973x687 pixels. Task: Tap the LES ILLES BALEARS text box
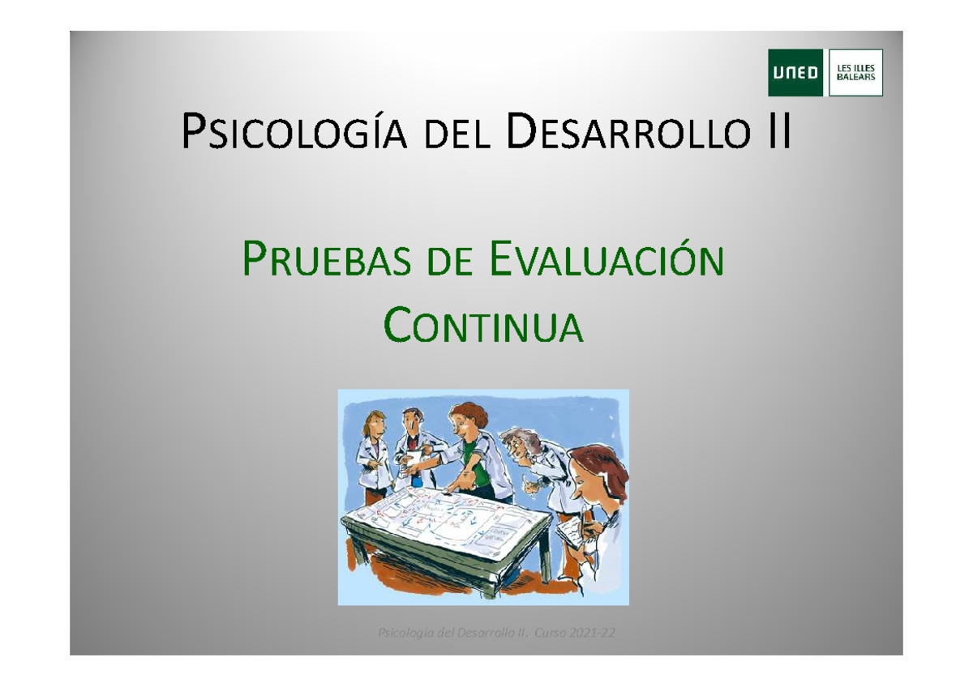[855, 73]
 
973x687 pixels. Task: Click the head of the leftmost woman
[375, 425]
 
